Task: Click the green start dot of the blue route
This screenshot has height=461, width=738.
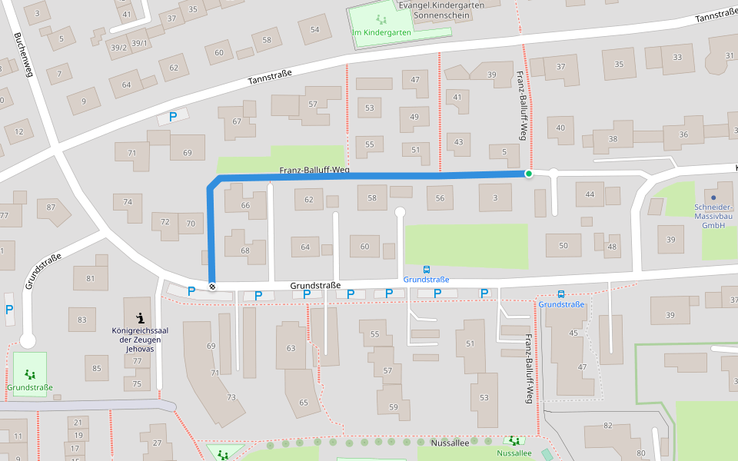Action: click(x=529, y=174)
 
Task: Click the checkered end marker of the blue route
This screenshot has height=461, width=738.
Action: click(x=211, y=287)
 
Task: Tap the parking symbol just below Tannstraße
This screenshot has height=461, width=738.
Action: click(x=173, y=117)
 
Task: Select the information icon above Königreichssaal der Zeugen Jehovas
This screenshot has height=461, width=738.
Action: click(x=139, y=317)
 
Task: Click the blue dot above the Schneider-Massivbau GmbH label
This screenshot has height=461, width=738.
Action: click(x=713, y=197)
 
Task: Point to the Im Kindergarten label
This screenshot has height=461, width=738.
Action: click(x=381, y=32)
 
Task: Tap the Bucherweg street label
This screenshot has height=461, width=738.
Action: click(x=24, y=55)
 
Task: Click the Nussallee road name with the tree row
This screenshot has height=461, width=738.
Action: click(x=450, y=442)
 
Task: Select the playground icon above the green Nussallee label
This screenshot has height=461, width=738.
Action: click(x=513, y=441)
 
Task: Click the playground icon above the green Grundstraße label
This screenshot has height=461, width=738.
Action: click(x=30, y=374)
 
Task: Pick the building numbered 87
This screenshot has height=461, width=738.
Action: click(x=52, y=207)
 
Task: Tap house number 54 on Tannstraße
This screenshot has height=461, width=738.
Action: click(x=314, y=30)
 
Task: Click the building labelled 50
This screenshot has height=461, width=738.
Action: click(x=563, y=245)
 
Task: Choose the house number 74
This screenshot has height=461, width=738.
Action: click(x=128, y=201)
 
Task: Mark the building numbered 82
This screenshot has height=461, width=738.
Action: click(x=607, y=426)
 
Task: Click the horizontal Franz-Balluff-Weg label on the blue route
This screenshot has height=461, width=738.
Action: click(x=314, y=170)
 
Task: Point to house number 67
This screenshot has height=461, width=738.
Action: click(x=237, y=121)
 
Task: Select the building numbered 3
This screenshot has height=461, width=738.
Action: click(x=496, y=198)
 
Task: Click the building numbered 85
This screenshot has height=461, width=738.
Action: click(x=97, y=369)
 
